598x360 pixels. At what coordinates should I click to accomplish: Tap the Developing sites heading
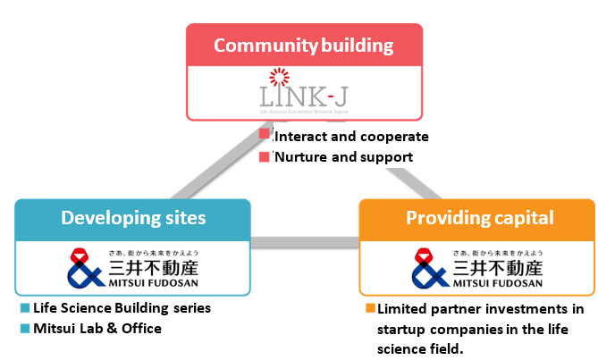click(x=132, y=218)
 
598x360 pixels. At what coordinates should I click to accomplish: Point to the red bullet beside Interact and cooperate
click(x=264, y=135)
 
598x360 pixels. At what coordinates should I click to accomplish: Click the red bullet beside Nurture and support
click(x=264, y=156)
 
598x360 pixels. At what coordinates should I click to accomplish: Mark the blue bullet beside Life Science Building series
click(x=25, y=309)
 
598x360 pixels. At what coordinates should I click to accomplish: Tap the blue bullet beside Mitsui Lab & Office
click(x=25, y=329)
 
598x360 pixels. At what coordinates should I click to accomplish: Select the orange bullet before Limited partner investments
click(x=370, y=309)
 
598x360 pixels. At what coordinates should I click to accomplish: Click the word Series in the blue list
click(x=190, y=308)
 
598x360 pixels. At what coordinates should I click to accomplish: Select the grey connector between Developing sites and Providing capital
click(x=305, y=242)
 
